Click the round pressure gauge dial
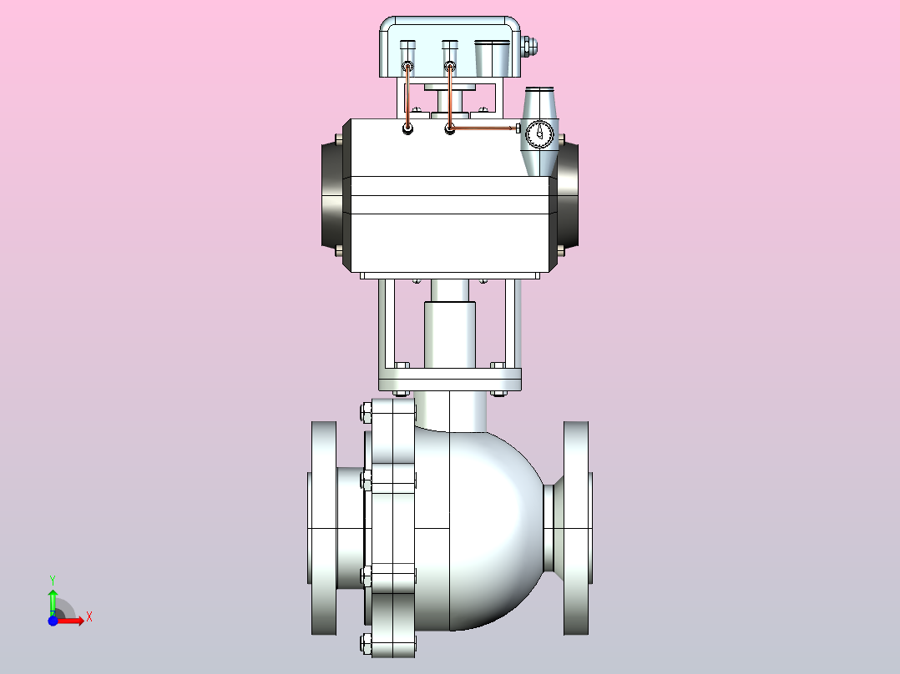point(539,133)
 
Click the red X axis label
point(89,617)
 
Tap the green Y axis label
point(53,581)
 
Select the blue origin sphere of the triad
point(53,621)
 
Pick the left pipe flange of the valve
point(324,528)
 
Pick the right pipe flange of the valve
point(576,528)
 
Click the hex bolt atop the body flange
point(366,412)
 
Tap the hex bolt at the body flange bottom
point(366,643)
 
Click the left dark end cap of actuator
point(332,194)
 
